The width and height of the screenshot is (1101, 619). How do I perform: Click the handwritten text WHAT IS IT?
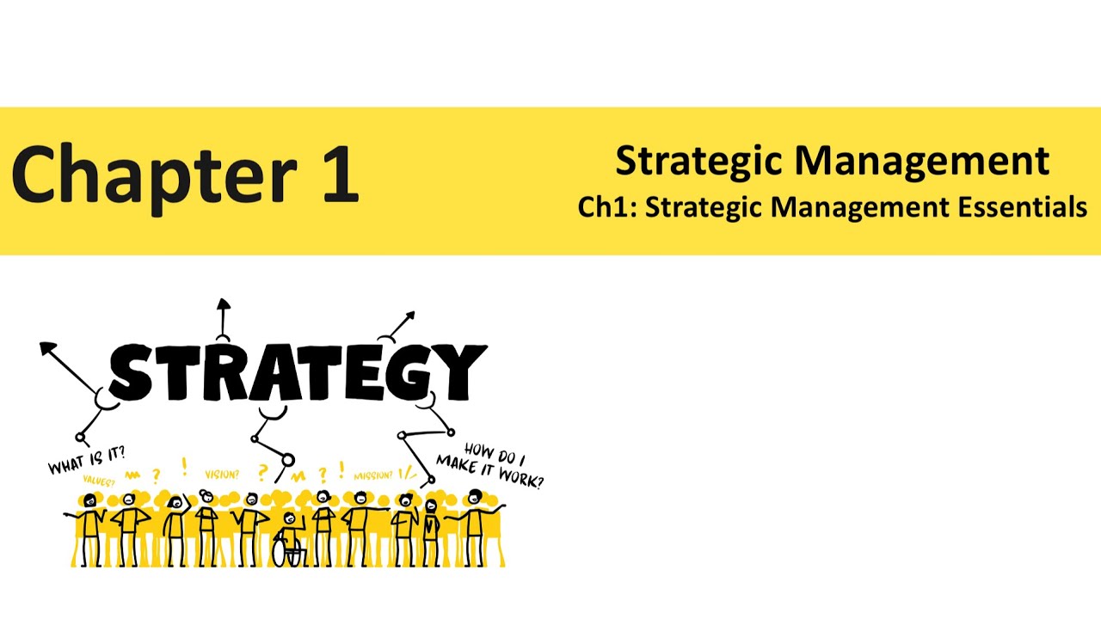pyautogui.click(x=87, y=461)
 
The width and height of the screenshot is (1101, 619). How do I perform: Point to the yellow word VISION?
pyautogui.click(x=222, y=474)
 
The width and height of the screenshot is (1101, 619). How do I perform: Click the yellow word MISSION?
pyautogui.click(x=372, y=475)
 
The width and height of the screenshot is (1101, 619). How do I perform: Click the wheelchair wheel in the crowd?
pyautogui.click(x=284, y=553)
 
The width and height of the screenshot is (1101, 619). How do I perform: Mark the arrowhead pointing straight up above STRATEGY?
pyautogui.click(x=224, y=304)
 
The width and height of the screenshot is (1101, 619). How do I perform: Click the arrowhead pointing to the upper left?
pyautogui.click(x=48, y=349)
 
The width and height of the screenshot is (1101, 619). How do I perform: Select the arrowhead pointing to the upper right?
pyautogui.click(x=409, y=317)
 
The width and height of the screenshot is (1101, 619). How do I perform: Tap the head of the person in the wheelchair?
pyautogui.click(x=289, y=518)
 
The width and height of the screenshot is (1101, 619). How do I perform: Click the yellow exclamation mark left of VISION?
pyautogui.click(x=184, y=467)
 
